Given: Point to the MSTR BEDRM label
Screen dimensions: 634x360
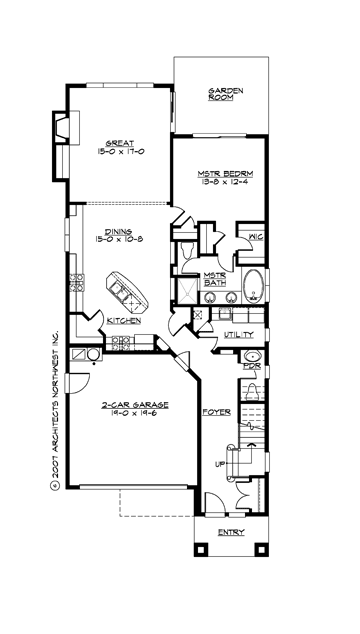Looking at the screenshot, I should tap(221, 175).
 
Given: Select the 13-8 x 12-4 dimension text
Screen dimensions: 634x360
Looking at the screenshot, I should tap(221, 185).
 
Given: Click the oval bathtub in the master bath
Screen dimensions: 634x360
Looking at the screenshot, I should tap(255, 285).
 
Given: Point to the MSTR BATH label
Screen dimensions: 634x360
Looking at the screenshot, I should tap(215, 280).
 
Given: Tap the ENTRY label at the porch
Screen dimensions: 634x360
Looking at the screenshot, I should tap(230, 531).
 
